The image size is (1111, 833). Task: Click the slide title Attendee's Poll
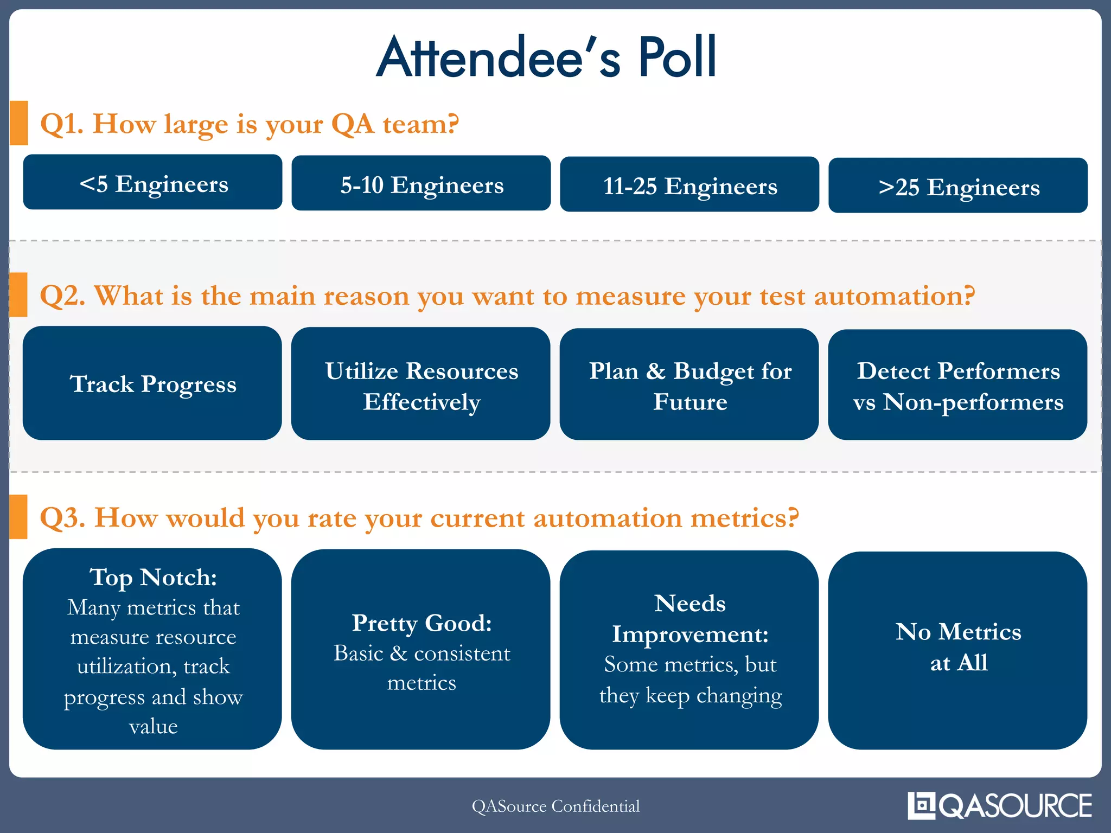[x=547, y=57]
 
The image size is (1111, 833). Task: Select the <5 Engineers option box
[x=152, y=182]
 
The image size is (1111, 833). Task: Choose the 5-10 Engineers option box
[x=421, y=183]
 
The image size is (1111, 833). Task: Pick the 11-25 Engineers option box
[x=689, y=184]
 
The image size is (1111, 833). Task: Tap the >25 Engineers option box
[x=958, y=185]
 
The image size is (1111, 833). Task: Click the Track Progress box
[x=152, y=383]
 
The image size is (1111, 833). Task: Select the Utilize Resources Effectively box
[x=421, y=384]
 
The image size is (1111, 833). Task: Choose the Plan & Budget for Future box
[x=689, y=385]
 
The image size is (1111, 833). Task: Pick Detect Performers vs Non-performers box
[x=958, y=385]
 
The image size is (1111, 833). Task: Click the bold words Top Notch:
[x=154, y=577]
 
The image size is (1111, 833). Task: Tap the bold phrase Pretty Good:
[x=422, y=623]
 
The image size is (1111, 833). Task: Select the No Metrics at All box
[x=958, y=650]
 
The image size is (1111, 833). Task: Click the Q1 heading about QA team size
[x=250, y=124]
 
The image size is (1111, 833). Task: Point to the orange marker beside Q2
[x=18, y=294]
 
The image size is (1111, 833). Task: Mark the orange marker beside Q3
[x=18, y=516]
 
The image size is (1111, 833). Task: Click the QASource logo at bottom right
[x=1000, y=805]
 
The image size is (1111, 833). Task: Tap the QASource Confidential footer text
[x=555, y=806]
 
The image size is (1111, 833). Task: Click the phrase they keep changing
[x=691, y=695]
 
